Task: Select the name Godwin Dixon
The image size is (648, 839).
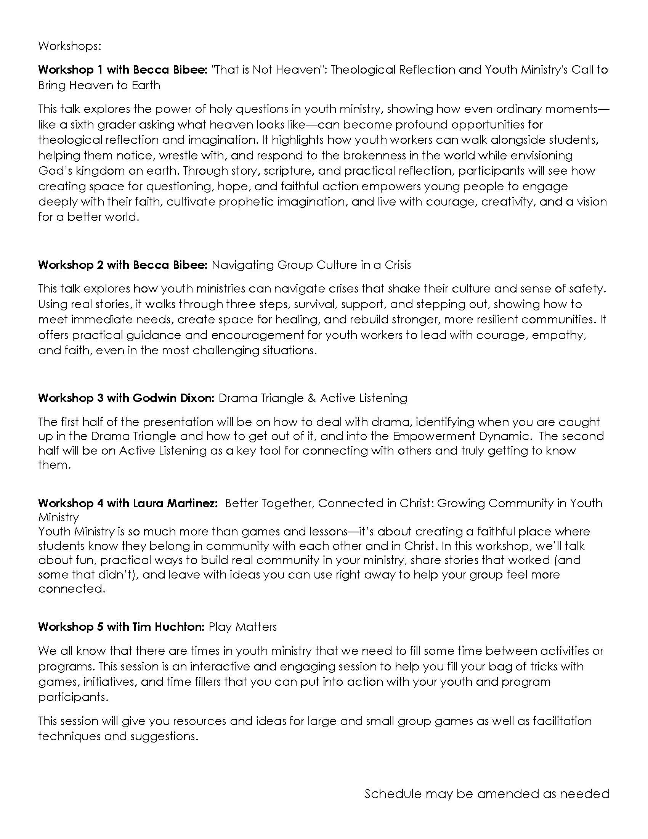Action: (x=173, y=398)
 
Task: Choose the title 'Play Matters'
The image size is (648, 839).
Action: (x=242, y=627)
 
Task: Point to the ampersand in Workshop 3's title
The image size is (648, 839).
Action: (x=311, y=398)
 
